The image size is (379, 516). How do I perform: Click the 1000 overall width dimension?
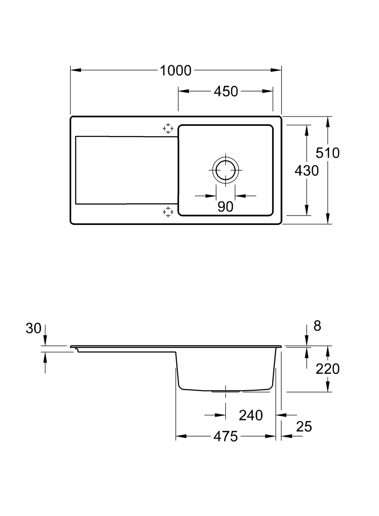click(175, 71)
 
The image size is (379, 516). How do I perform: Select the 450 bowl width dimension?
click(226, 91)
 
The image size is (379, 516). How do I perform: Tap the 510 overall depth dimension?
click(327, 153)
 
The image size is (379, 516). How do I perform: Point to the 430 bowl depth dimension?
click(307, 171)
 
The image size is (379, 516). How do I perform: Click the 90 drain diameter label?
click(225, 207)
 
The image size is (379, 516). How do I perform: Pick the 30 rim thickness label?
click(33, 328)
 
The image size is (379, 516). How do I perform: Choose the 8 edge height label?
click(317, 326)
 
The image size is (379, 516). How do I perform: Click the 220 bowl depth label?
click(327, 369)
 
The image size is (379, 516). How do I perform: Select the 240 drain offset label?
click(250, 415)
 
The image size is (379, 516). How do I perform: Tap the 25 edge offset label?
click(304, 427)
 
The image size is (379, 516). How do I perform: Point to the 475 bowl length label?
click(226, 437)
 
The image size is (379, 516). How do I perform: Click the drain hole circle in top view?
click(226, 170)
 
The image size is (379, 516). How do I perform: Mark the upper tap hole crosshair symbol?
click(168, 129)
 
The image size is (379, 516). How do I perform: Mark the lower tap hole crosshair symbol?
click(168, 212)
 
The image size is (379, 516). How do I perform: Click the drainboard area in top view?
click(126, 170)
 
